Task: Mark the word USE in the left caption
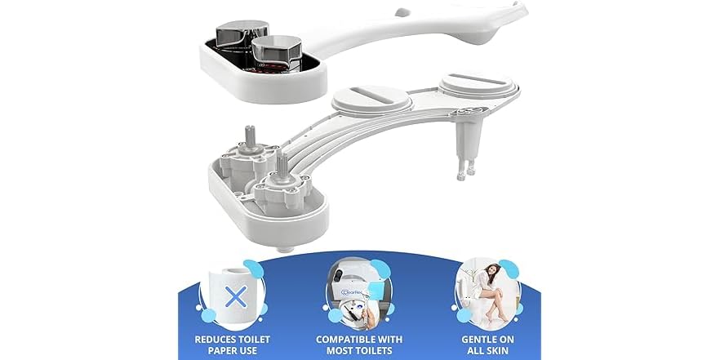coord(256,349)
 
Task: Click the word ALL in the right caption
coord(474,349)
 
